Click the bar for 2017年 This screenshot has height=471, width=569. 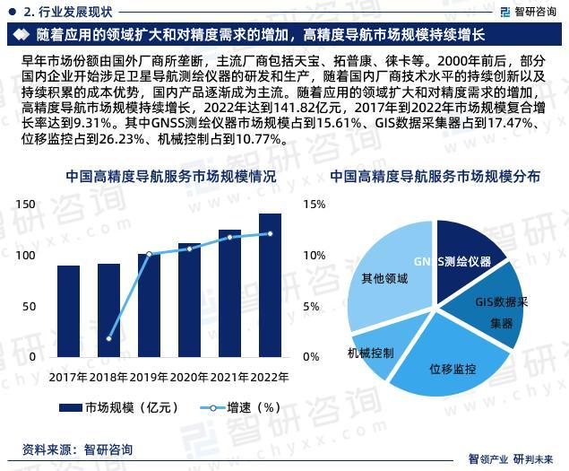pyautogui.click(x=69, y=311)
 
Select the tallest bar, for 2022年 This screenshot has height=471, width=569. pyautogui.click(x=270, y=285)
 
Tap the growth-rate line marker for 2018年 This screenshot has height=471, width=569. pyautogui.click(x=108, y=339)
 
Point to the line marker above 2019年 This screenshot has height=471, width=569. pyautogui.click(x=149, y=254)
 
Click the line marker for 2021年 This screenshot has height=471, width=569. pyautogui.click(x=229, y=238)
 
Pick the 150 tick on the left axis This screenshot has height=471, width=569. pyautogui.click(x=25, y=205)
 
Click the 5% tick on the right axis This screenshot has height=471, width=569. pyautogui.click(x=311, y=306)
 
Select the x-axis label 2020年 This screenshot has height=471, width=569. pyautogui.click(x=189, y=377)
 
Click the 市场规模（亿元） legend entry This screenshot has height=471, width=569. pyautogui.click(x=119, y=407)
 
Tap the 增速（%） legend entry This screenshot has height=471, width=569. pyautogui.click(x=241, y=407)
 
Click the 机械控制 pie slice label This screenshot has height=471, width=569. pyautogui.click(x=370, y=353)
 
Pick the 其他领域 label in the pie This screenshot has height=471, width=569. pyautogui.click(x=384, y=278)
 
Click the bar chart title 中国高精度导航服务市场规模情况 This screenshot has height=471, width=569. pyautogui.click(x=171, y=177)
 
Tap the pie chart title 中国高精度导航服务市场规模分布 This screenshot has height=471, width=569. pyautogui.click(x=435, y=177)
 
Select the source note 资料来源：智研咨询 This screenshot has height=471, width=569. pyautogui.click(x=77, y=450)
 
